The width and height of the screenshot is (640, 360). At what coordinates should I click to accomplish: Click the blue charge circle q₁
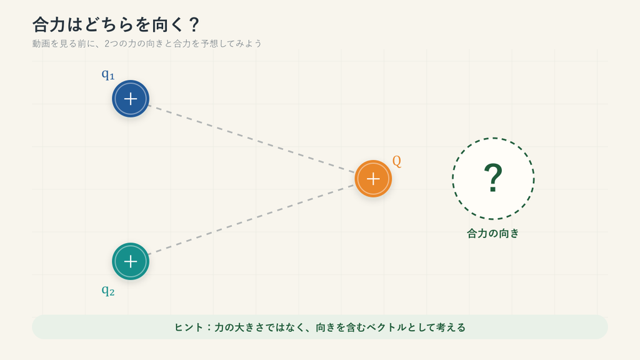coord(131,99)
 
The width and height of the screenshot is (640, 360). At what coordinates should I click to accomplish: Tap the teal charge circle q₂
coord(131,261)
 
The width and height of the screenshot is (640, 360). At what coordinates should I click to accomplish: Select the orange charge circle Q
coord(373,179)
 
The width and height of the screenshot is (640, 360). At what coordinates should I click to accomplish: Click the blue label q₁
coord(108,75)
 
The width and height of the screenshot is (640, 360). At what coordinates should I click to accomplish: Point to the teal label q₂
coord(108,291)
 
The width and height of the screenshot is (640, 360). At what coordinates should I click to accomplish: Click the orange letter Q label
coord(397,161)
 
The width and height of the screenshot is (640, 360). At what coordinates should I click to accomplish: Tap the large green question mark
coord(493,178)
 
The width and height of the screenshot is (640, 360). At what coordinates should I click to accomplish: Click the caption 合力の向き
coord(493,234)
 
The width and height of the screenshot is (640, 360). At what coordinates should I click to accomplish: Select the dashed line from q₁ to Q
coord(251,139)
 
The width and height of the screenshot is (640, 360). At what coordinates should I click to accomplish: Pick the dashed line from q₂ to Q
coord(251,219)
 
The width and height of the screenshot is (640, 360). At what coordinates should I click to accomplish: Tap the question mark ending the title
coord(194,25)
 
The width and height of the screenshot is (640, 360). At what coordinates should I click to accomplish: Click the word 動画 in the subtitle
coord(41,43)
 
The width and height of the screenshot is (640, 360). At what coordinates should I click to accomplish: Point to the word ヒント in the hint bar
coord(189,327)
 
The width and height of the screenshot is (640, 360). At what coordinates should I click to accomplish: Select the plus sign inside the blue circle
coord(131,99)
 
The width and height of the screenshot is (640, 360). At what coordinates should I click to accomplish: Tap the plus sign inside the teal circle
coord(131,261)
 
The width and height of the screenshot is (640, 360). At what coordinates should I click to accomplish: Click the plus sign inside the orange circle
coord(373,179)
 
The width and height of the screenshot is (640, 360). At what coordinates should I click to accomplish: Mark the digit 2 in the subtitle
coord(107,43)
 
